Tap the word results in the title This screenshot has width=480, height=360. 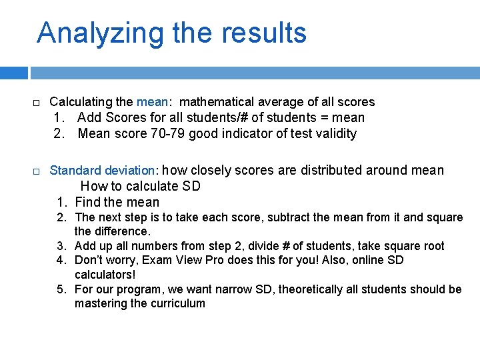point(266,33)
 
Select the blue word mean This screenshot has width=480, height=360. point(152,102)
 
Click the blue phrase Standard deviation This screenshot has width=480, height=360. point(102,171)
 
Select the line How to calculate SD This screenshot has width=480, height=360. point(140,186)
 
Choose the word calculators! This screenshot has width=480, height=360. point(105,274)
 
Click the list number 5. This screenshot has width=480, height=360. point(61,289)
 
